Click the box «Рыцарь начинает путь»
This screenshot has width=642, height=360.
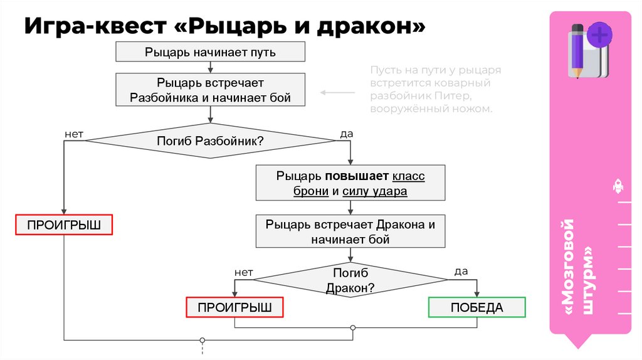(210, 52)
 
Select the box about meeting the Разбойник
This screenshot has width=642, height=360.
(210, 90)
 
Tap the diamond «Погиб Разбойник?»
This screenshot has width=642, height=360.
(210, 141)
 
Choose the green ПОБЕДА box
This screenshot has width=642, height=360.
(476, 307)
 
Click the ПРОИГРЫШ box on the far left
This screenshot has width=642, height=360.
(63, 225)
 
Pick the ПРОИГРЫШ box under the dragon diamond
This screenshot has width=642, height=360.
(234, 307)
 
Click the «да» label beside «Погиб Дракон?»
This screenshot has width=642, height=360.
(461, 272)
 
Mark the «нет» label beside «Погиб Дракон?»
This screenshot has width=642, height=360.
(243, 273)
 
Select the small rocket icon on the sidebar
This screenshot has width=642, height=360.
(617, 186)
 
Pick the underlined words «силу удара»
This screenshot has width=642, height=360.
(375, 191)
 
